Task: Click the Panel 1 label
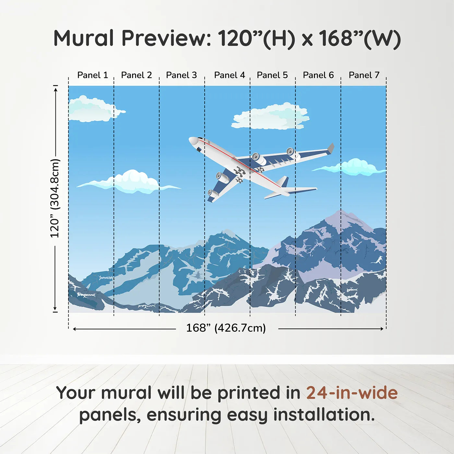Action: click(92, 75)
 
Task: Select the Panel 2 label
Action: click(136, 75)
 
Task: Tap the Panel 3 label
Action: click(181, 75)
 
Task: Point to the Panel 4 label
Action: click(229, 75)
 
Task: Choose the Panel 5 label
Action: click(272, 75)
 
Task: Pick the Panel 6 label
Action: click(318, 75)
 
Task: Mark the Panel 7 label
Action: click(364, 75)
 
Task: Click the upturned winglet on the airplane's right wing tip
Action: click(330, 148)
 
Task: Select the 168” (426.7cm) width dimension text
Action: click(226, 328)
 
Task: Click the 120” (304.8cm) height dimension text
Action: click(55, 198)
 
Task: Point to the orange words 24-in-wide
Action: click(352, 393)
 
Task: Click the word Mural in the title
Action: click(83, 38)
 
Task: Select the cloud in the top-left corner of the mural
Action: click(92, 109)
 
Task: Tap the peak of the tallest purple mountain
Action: click(340, 211)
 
